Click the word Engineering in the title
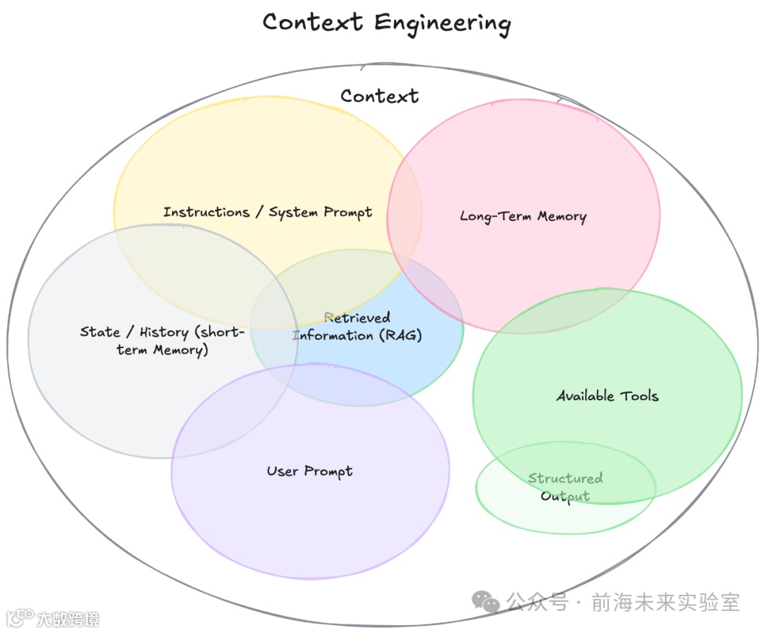click(443, 23)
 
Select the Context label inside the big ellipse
click(380, 96)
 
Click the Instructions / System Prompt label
click(268, 212)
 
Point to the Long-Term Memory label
click(523, 216)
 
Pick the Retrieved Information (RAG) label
click(358, 326)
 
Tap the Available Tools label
click(607, 396)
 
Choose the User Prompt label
click(310, 471)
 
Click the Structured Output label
click(565, 487)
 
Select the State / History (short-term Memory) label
click(162, 341)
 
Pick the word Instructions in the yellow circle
click(206, 212)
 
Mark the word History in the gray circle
click(164, 332)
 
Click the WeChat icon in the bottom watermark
click(486, 603)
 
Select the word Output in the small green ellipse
click(565, 496)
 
